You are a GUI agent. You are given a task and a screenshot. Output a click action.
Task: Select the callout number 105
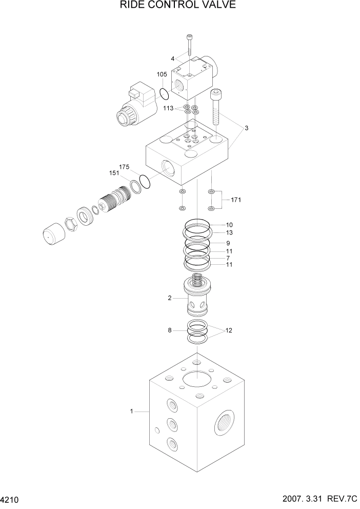click(162, 74)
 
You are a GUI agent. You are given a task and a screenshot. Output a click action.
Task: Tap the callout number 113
click(169, 108)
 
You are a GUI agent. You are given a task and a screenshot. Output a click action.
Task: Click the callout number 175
click(124, 167)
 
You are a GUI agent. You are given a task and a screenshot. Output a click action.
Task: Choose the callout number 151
click(114, 173)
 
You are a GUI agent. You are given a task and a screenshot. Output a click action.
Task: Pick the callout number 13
click(229, 232)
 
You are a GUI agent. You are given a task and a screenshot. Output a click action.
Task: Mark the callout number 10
click(229, 225)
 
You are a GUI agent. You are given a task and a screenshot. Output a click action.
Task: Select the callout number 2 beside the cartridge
click(170, 297)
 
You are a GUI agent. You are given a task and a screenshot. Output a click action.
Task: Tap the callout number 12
click(229, 330)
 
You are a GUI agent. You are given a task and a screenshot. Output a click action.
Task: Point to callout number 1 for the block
click(132, 411)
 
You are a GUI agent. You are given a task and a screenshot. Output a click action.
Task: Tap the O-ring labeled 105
click(164, 94)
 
